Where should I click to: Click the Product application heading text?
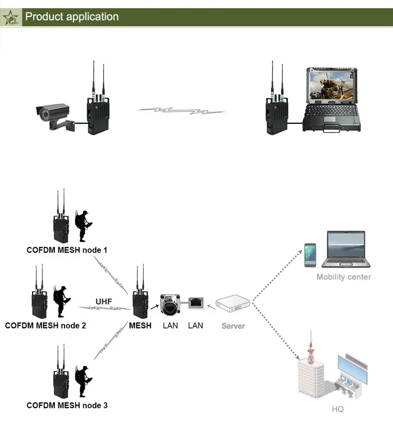(72, 17)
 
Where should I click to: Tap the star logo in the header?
(11, 18)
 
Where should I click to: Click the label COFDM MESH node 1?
(67, 250)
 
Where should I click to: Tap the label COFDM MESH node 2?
(46, 326)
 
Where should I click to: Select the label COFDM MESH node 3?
(67, 405)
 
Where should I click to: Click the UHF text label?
(103, 301)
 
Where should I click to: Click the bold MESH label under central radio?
(140, 326)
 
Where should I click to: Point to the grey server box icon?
(233, 305)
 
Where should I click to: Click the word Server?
(233, 326)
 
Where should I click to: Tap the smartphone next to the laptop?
(310, 255)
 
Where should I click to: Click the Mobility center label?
(343, 277)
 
